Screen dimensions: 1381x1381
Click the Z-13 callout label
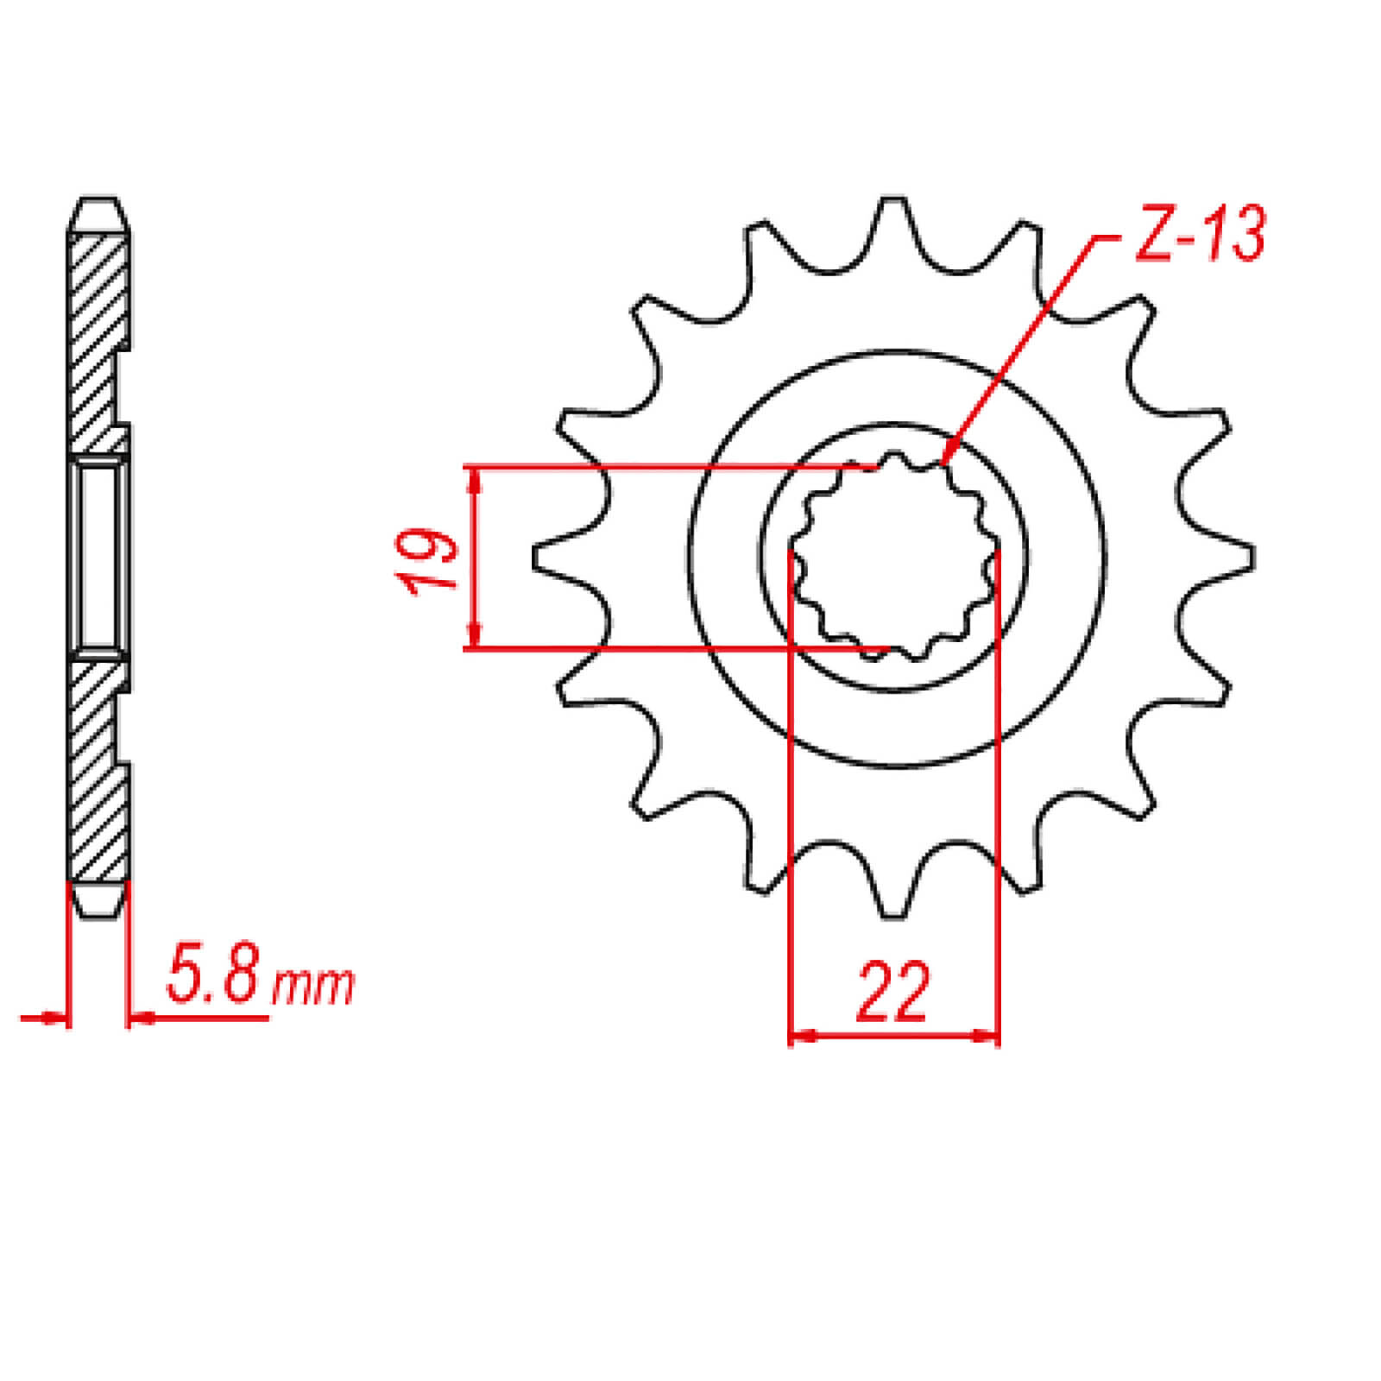(x=1200, y=234)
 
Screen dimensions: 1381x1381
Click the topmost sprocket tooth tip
(x=894, y=200)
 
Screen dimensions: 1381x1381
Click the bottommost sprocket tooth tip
(x=894, y=915)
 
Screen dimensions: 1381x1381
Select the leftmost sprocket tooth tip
(x=536, y=558)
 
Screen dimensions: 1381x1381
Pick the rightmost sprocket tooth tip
(x=1252, y=558)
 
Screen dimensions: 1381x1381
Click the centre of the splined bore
(x=894, y=558)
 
